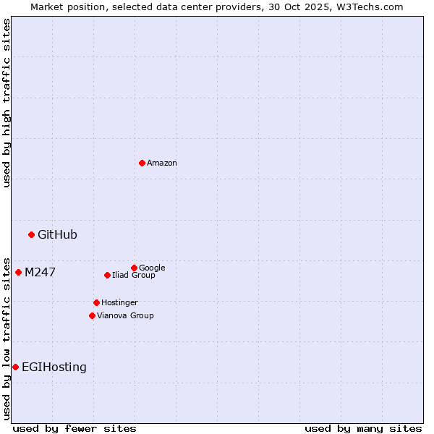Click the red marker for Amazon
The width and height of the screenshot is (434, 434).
coord(142,163)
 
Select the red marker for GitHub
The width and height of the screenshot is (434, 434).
coord(31,234)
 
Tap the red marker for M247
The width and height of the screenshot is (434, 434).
coord(18,272)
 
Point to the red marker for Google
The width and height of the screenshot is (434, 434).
coord(134,268)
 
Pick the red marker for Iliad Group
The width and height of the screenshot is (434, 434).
coord(107,275)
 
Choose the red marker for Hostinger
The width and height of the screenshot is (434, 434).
coord(96,302)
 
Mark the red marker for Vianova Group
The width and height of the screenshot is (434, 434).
coord(92,315)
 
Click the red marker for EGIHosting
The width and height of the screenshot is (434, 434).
coord(15,367)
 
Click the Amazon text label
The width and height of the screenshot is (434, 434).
coord(162,163)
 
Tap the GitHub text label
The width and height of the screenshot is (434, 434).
coord(57,234)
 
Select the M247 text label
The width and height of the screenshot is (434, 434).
coord(40,272)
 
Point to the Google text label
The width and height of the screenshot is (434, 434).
coord(152,268)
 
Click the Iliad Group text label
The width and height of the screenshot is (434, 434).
coord(134,275)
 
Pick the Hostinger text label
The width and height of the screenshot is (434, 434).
coord(119,302)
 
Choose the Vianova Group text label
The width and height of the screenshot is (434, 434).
coord(125,315)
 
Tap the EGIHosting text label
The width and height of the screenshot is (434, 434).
coord(54,367)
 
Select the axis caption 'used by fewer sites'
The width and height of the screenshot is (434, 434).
coord(75,428)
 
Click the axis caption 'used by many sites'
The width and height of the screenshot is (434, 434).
coord(363,428)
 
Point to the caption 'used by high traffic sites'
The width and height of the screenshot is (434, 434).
coord(7,103)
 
